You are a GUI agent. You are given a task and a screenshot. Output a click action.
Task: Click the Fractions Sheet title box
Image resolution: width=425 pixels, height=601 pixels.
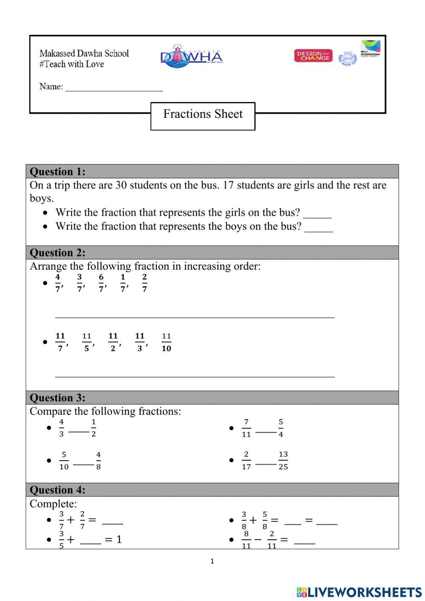(203, 116)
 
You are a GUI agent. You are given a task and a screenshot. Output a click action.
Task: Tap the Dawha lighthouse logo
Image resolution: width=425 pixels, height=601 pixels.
(191, 56)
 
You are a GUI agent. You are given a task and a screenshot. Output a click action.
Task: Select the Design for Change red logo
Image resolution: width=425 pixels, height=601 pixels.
(313, 56)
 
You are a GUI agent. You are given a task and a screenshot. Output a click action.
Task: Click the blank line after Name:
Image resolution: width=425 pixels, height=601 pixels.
(114, 87)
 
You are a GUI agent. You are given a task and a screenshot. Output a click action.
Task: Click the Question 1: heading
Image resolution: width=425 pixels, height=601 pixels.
(57, 171)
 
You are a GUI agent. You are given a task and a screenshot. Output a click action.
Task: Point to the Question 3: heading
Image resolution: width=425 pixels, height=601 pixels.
(57, 398)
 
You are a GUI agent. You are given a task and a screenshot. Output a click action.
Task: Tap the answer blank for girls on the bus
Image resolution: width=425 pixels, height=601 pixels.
(317, 214)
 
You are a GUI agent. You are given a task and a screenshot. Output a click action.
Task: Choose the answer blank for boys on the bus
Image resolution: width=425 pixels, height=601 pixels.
(319, 227)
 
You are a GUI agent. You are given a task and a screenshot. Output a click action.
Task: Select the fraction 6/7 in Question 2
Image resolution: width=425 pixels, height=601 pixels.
(101, 283)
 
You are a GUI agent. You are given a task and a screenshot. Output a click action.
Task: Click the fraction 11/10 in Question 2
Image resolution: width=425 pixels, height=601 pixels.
(166, 342)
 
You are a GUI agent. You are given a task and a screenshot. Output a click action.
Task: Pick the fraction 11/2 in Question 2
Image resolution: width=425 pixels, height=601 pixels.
(113, 342)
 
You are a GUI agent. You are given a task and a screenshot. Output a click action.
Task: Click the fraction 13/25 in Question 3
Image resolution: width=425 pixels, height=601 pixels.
(283, 460)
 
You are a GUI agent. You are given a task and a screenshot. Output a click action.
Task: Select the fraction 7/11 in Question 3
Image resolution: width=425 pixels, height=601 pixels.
(246, 428)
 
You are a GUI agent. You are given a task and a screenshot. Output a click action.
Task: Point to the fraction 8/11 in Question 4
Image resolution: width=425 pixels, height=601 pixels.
(246, 540)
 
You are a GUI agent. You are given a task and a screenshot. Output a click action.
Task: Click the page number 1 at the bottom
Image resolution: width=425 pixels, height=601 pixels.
(212, 561)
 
